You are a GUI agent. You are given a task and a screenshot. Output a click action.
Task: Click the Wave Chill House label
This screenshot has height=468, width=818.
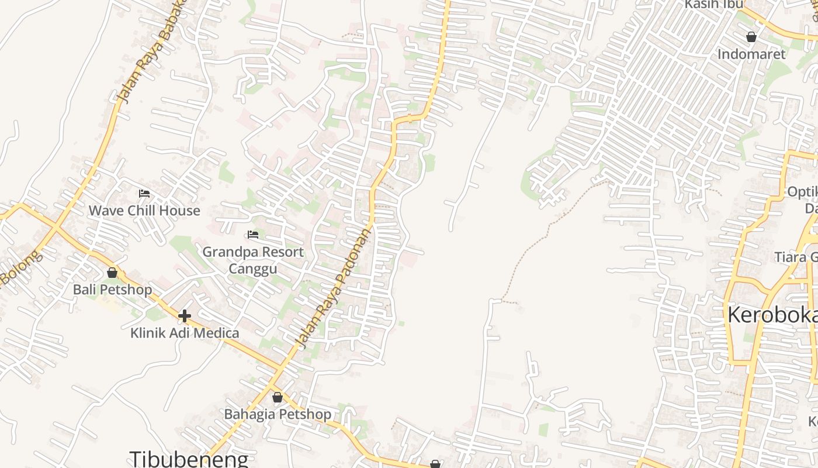coord(144,211)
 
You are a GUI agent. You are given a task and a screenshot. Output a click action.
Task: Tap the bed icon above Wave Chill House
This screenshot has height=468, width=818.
coord(144,194)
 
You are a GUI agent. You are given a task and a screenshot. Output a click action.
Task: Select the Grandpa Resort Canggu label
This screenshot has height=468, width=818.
coord(253,260)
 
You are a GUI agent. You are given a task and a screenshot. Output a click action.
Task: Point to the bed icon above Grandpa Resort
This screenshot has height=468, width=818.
coord(253,235)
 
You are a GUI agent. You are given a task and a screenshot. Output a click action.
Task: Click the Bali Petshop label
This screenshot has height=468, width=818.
coord(112,290)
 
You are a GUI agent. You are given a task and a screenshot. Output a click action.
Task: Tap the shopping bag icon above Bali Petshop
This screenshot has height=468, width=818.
coord(112,273)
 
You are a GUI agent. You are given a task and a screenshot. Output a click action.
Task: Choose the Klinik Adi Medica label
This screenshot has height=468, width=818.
coord(185,333)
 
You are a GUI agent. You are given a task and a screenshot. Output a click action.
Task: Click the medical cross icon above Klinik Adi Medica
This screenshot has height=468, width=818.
coord(185,316)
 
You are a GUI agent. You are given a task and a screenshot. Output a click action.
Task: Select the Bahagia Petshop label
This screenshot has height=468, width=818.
coord(278,414)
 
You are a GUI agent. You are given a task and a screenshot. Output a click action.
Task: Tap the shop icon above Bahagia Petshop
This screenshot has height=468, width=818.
coord(278,398)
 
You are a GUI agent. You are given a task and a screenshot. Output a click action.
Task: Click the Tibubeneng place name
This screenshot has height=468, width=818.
coord(189,459)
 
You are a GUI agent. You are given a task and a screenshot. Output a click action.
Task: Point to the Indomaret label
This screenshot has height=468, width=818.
coord(752,54)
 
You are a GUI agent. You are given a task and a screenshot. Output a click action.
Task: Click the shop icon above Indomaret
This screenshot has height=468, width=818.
coord(751,37)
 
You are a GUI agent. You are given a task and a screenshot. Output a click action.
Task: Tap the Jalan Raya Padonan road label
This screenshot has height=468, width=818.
coord(335,287)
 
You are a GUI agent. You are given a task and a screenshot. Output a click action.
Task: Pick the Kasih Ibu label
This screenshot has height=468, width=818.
coord(713,5)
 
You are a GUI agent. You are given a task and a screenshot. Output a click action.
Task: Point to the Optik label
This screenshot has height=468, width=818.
coord(802,192)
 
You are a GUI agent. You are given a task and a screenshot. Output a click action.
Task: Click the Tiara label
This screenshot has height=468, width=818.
coord(796,257)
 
